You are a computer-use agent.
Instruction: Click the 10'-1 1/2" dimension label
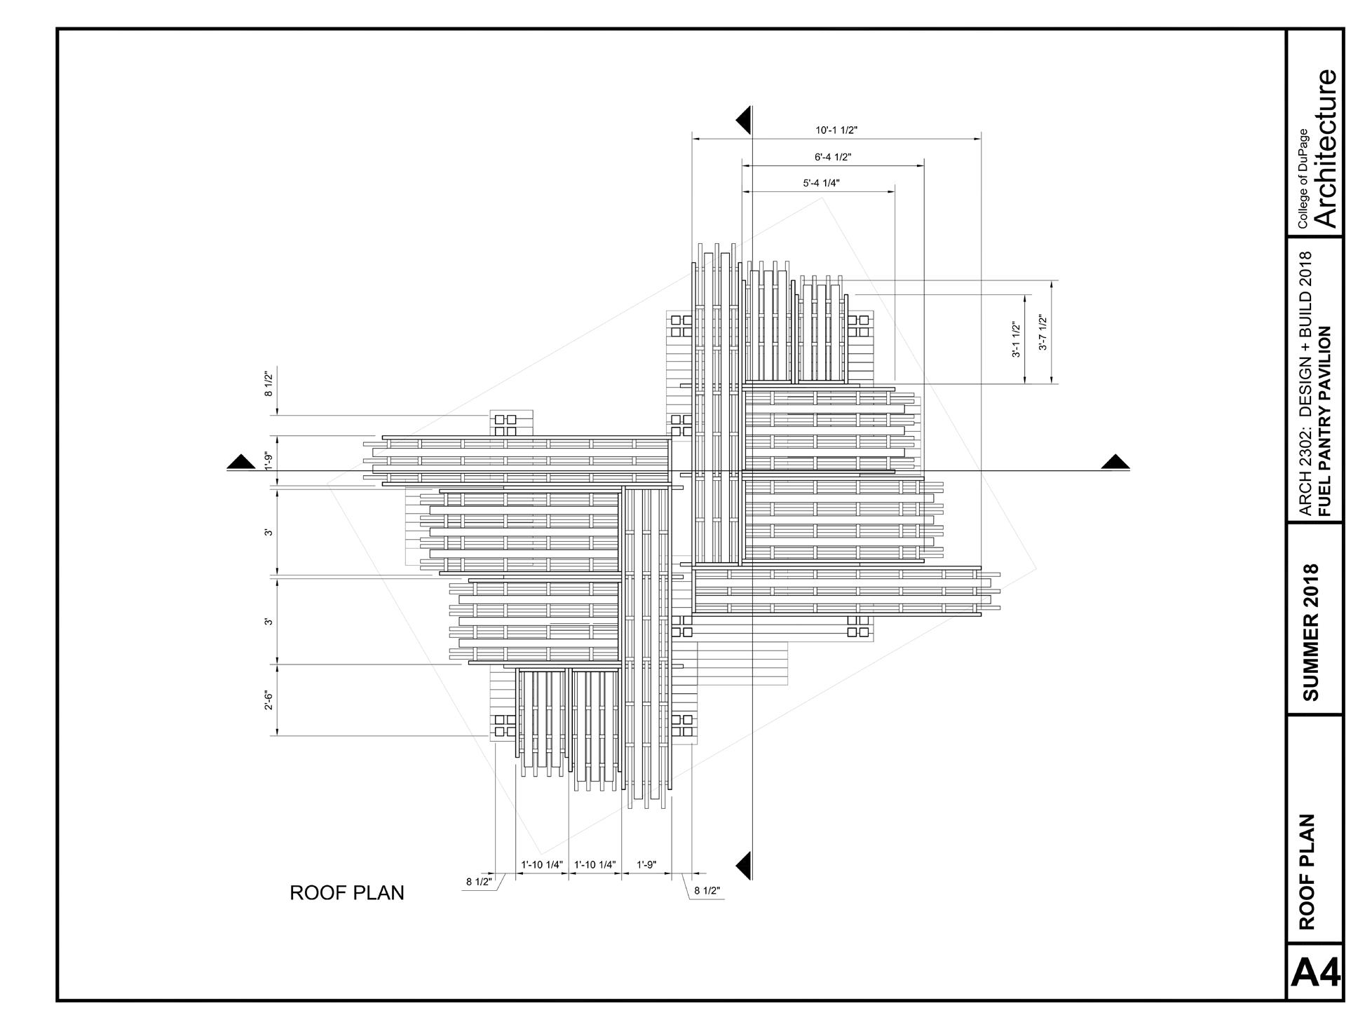[x=836, y=130]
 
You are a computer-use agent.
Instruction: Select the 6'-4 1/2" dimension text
[x=833, y=158]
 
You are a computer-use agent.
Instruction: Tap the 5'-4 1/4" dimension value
[x=821, y=184]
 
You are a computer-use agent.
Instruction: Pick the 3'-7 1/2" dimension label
[x=1042, y=332]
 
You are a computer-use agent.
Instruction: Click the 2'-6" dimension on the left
[x=269, y=700]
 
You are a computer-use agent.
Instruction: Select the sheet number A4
[x=1315, y=973]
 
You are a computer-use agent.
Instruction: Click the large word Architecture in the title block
[x=1326, y=148]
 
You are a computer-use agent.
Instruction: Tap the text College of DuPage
[x=1302, y=179]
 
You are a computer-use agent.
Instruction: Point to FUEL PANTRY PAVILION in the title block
[x=1324, y=421]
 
